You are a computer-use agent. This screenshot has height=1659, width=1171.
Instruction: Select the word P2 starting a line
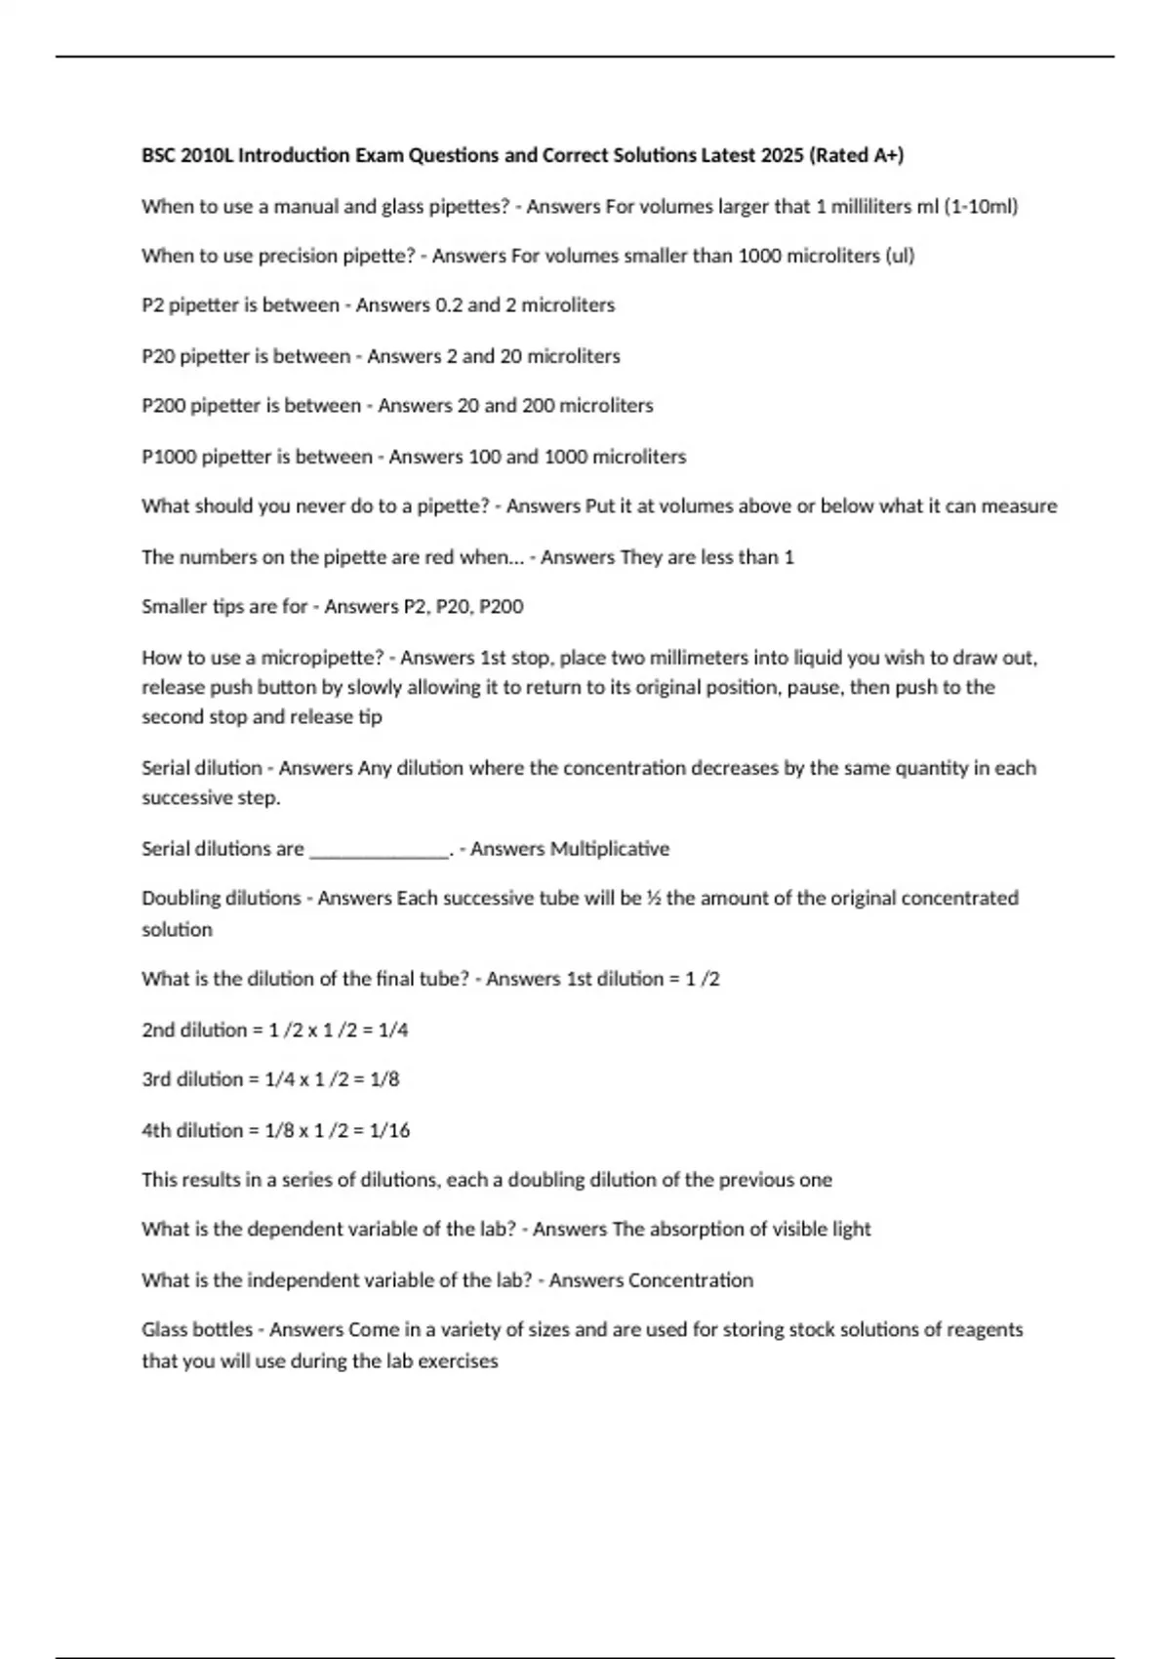coord(152,305)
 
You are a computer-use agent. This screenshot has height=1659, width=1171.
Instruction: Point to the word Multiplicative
coord(610,849)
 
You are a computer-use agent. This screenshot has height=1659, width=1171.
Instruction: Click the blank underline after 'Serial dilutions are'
coord(379,851)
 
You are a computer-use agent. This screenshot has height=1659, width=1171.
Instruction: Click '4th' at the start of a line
coord(156,1130)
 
